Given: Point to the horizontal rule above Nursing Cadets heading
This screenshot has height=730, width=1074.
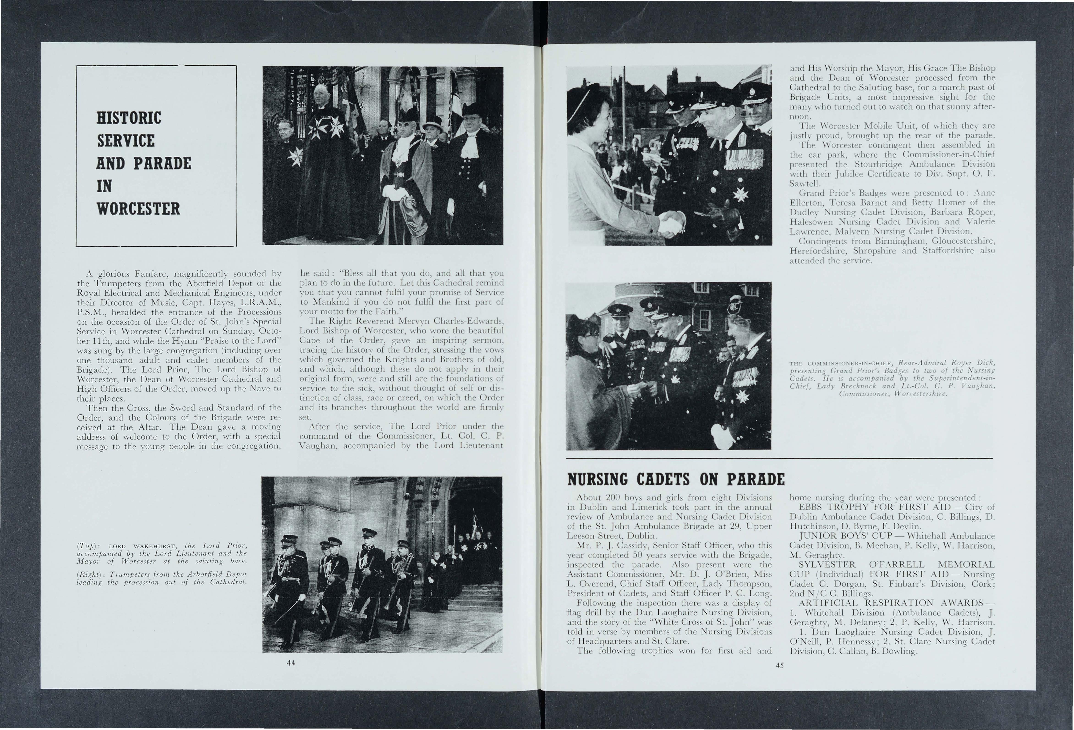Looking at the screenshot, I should (x=779, y=458).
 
